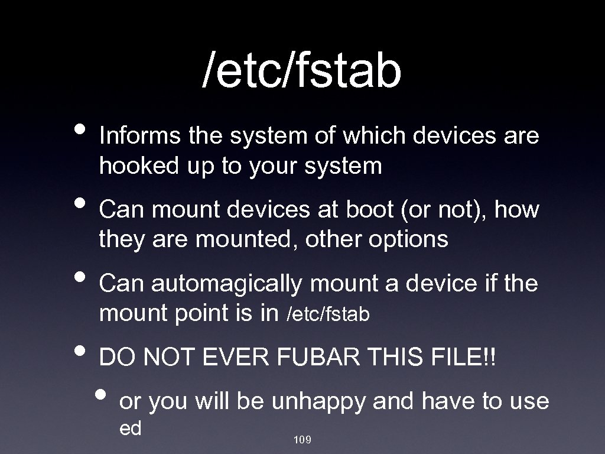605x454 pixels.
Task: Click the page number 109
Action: (x=302, y=440)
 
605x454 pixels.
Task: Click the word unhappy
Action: (x=319, y=402)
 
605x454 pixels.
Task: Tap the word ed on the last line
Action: (x=130, y=428)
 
